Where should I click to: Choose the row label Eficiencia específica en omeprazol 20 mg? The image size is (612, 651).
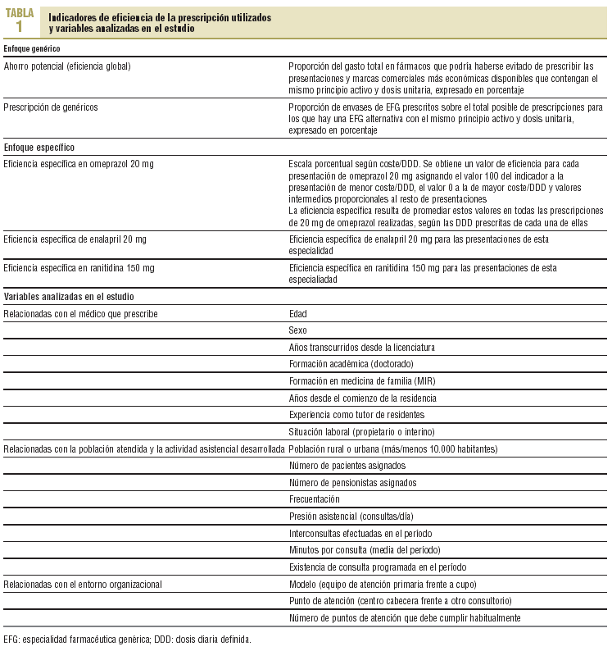point(79,165)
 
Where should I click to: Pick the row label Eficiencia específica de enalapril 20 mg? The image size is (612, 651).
point(76,239)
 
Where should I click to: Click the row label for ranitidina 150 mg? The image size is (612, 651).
point(79,268)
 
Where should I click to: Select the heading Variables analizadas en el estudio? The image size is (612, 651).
point(69,297)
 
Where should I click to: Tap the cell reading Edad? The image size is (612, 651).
point(298,314)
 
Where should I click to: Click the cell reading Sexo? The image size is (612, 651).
point(298,330)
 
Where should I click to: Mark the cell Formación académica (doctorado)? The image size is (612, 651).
point(351,364)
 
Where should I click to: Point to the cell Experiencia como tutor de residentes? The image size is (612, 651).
point(358,415)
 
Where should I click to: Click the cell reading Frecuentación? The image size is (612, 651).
point(314,499)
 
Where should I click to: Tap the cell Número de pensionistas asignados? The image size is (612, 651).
point(352,482)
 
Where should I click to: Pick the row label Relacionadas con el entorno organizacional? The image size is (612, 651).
point(83,584)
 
